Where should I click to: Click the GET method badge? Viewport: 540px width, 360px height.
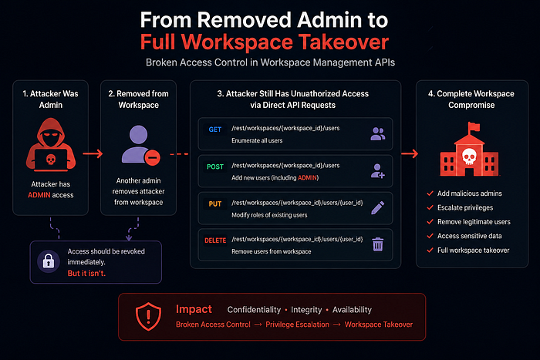click(x=215, y=130)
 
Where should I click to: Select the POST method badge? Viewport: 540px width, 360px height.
click(x=215, y=167)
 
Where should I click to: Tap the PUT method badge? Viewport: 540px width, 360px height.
click(x=215, y=204)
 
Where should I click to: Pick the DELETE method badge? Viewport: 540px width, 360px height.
click(x=215, y=241)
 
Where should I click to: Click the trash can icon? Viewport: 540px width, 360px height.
click(x=378, y=244)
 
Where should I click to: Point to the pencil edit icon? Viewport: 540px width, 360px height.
click(x=378, y=207)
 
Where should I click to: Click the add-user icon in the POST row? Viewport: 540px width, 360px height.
click(x=377, y=170)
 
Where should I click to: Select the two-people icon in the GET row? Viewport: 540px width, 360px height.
click(x=378, y=133)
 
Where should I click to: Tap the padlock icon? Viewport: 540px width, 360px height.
click(x=48, y=261)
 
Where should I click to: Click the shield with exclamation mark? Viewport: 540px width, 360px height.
click(x=148, y=317)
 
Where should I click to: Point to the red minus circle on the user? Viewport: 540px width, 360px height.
click(x=152, y=158)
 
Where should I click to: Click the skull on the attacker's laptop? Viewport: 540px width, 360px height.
click(x=51, y=160)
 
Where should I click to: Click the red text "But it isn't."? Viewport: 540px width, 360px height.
click(x=86, y=273)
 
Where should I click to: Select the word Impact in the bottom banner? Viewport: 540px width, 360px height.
click(x=194, y=309)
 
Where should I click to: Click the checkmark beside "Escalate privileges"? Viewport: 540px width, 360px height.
click(x=430, y=207)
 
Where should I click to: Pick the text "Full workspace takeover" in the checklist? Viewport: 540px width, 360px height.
click(x=473, y=251)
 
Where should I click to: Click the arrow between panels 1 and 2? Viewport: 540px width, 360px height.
click(x=93, y=153)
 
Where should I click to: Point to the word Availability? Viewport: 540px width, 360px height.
click(x=352, y=310)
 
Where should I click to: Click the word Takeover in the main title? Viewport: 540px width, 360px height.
click(x=343, y=42)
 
